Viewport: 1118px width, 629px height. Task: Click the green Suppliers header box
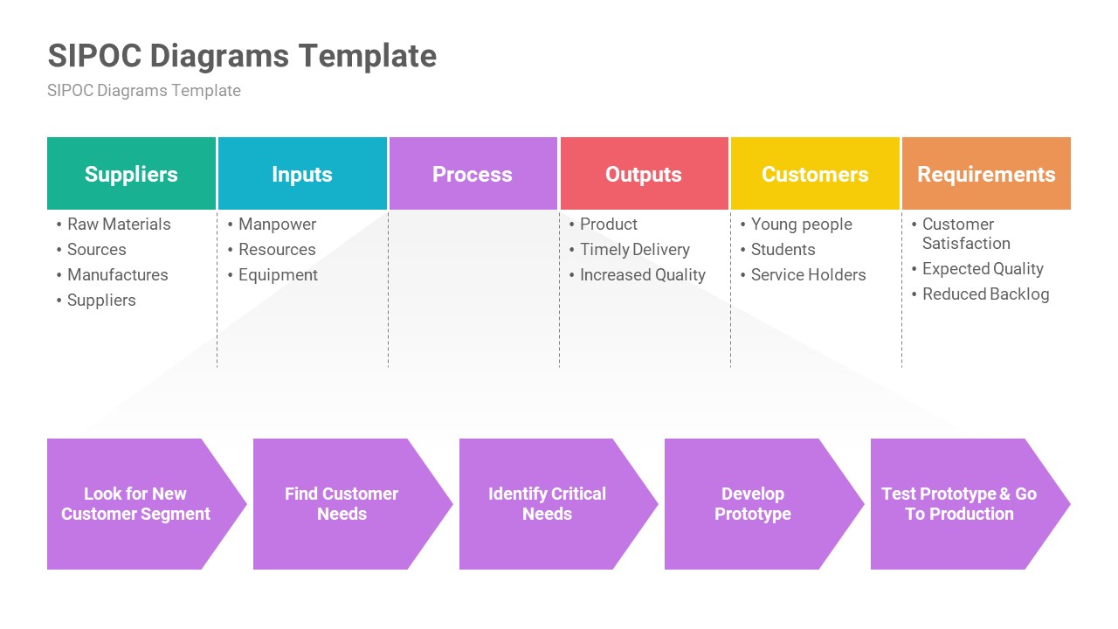tap(131, 174)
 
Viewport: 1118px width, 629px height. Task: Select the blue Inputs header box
tap(302, 174)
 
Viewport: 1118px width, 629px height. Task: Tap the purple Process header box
tap(473, 174)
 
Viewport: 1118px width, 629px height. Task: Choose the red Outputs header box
tap(644, 174)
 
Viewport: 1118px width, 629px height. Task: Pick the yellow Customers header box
tap(815, 174)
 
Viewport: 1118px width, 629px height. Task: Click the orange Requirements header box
tap(986, 174)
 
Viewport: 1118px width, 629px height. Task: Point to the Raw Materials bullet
tap(119, 225)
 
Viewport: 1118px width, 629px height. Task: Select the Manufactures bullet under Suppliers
tap(117, 275)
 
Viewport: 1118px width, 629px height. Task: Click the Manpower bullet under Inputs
tap(277, 225)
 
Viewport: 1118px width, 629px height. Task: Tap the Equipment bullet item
tap(278, 275)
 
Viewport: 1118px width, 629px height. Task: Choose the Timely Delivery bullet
tap(634, 250)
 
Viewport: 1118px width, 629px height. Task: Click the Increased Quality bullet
tap(642, 275)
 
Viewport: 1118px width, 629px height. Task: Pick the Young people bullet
tap(801, 225)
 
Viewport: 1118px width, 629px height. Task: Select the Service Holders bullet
tap(808, 275)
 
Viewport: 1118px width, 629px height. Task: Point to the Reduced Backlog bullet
tap(985, 294)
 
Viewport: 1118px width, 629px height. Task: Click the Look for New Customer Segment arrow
tap(136, 504)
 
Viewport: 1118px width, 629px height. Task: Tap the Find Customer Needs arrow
tap(342, 504)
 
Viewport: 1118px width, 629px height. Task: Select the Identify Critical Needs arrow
tap(548, 504)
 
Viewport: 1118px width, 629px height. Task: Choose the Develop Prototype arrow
tap(753, 504)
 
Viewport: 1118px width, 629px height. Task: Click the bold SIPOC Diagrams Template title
tap(242, 56)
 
